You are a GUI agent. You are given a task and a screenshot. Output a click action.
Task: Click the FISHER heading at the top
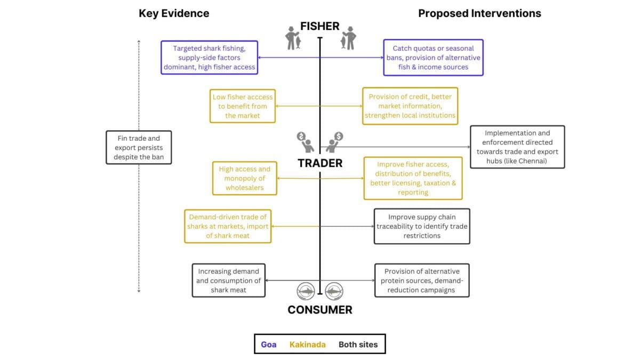coord(319,26)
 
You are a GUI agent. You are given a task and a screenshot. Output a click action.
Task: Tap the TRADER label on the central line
coord(320,163)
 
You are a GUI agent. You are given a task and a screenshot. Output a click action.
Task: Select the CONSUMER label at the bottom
coord(320,310)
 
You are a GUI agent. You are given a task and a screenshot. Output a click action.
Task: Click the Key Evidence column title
coord(174,13)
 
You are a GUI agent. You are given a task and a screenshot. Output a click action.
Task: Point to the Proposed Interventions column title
coord(479,13)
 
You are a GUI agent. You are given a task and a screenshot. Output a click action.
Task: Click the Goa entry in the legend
coord(268,345)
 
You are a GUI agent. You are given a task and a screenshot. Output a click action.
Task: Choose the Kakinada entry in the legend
coord(307,345)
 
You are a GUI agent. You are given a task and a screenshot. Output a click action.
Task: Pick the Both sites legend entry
coord(358,345)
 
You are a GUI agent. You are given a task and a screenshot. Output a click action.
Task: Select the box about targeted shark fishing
coord(210,58)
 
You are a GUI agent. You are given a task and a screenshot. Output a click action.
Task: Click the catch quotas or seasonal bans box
coord(433,58)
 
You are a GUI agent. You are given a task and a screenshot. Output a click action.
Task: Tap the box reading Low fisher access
coord(243,106)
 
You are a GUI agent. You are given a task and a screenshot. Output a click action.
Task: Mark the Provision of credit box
coord(410,106)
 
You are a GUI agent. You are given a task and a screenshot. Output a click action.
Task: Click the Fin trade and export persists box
coord(139,148)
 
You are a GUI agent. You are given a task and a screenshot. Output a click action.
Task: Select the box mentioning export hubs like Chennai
coord(517,147)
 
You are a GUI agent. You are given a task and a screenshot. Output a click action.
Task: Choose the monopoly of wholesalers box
coord(245,178)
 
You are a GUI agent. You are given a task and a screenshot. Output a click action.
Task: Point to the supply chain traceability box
coord(422,226)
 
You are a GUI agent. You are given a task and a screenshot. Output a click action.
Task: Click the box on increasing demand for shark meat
coord(228,281)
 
